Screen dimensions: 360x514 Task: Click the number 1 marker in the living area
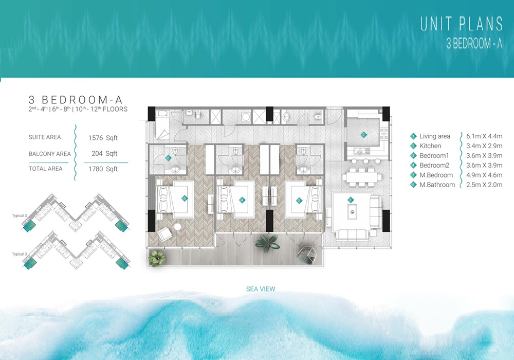coord(351,200)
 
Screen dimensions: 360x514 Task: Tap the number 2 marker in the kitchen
coord(363,135)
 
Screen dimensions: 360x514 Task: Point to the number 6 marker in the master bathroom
coord(168,158)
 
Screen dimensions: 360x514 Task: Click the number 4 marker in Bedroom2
coord(242,200)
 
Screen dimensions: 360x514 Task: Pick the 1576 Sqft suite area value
coord(103,138)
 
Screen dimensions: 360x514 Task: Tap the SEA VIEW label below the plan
coord(261,289)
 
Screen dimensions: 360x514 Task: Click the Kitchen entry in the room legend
coord(430,146)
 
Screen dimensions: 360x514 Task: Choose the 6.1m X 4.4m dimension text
coord(484,136)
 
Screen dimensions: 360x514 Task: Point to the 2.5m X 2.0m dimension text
coord(484,185)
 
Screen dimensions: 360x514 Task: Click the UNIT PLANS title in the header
coord(462,24)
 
